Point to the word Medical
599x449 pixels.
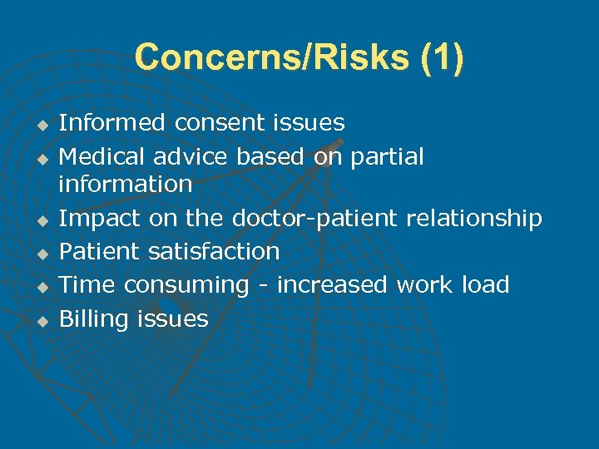click(102, 156)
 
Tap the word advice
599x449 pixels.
click(191, 156)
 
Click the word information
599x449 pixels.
click(125, 184)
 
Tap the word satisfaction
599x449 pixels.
click(214, 251)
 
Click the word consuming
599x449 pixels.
click(187, 284)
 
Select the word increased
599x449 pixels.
click(332, 284)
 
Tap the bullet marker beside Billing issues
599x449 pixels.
click(37, 320)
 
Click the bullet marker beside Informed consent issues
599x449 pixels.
click(37, 125)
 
